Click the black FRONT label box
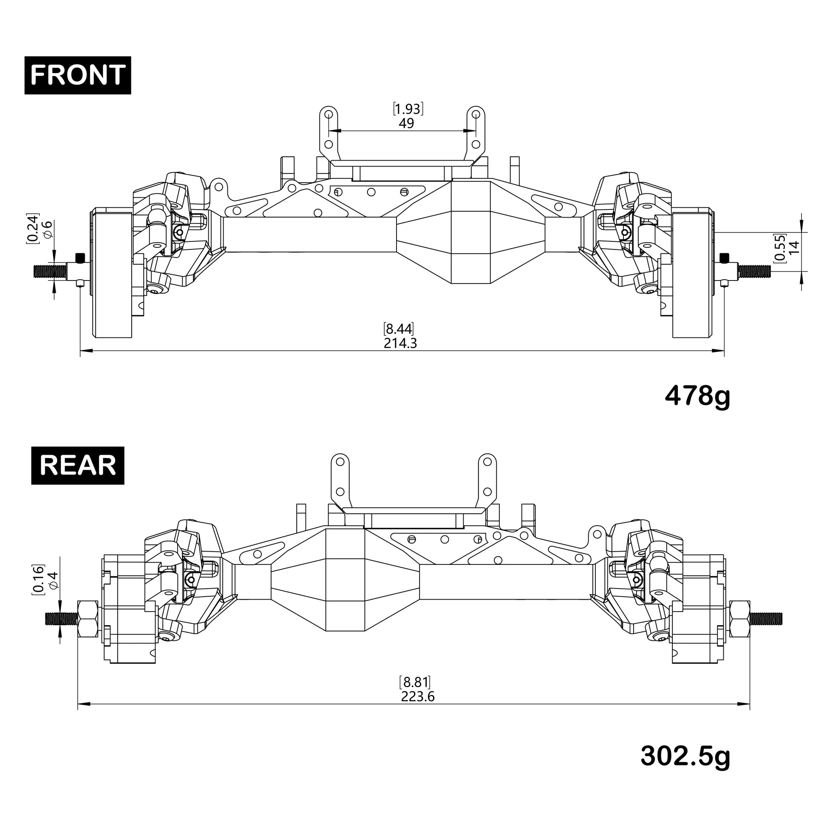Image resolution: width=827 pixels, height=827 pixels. pyautogui.click(x=77, y=75)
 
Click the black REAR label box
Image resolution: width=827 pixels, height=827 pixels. pyautogui.click(x=77, y=465)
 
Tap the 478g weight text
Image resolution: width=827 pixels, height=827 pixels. pyautogui.click(x=697, y=397)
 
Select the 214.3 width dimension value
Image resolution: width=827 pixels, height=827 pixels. pyautogui.click(x=400, y=343)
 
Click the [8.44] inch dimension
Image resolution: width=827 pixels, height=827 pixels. pyautogui.click(x=399, y=329)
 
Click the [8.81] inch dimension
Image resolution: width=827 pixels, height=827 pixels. pyautogui.click(x=414, y=682)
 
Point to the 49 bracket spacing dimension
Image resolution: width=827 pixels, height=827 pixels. pyautogui.click(x=406, y=123)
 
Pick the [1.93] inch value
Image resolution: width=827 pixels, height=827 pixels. pyautogui.click(x=408, y=109)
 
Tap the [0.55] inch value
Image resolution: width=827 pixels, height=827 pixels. pyautogui.click(x=779, y=247)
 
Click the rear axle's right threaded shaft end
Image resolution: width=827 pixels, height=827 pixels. pyautogui.click(x=766, y=618)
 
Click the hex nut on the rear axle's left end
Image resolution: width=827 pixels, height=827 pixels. pyautogui.click(x=88, y=618)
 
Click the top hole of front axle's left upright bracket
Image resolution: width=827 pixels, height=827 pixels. pyautogui.click(x=329, y=114)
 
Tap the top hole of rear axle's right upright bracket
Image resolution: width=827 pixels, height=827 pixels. pyautogui.click(x=487, y=462)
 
